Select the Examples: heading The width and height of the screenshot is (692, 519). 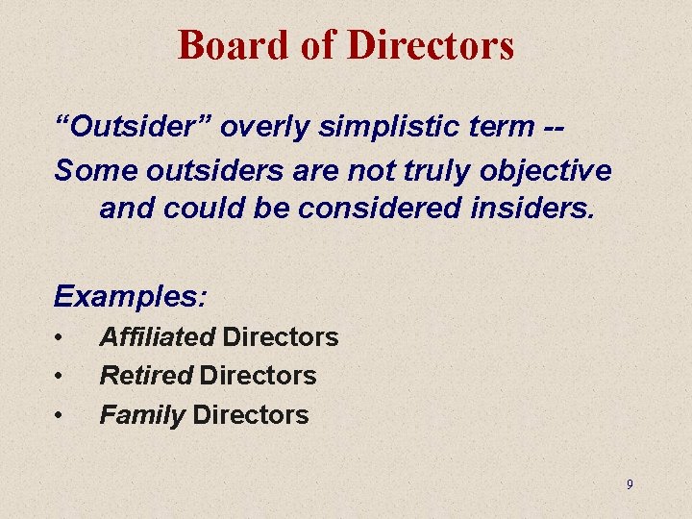tap(130, 296)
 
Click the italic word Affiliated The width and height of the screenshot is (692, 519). tap(158, 337)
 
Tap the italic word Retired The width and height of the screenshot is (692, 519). tap(146, 376)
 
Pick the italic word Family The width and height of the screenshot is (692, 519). tap(142, 415)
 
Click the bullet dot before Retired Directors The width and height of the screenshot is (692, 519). tap(60, 376)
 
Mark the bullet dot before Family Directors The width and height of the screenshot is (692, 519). tap(60, 415)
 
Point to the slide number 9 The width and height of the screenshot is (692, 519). tap(630, 484)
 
